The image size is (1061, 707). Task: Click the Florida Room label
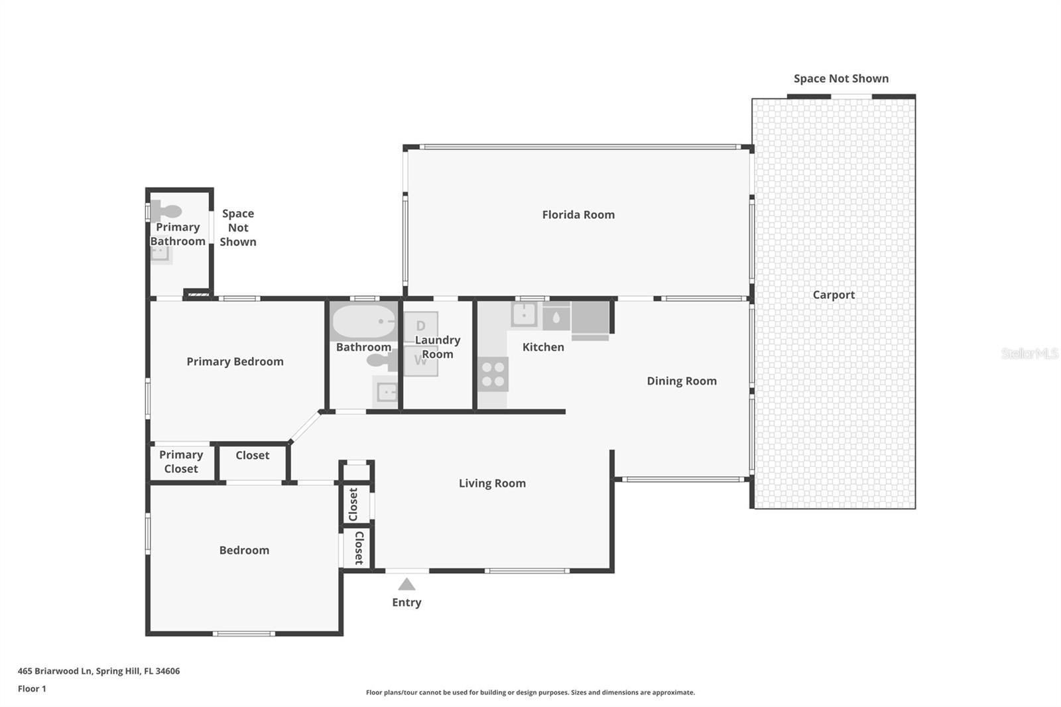(x=578, y=214)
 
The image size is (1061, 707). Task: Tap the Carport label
(x=834, y=294)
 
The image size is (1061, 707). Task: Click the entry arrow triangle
(x=406, y=584)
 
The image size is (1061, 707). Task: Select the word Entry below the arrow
(x=406, y=602)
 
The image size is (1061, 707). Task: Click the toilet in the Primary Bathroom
(x=166, y=212)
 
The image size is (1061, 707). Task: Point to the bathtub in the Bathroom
(x=363, y=323)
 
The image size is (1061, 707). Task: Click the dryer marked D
(x=420, y=326)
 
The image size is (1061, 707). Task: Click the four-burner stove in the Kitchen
(x=493, y=374)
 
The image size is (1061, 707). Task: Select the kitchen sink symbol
(x=524, y=314)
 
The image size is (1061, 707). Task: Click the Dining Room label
(x=682, y=381)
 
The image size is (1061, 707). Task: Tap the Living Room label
(x=492, y=483)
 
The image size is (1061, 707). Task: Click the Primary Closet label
(x=181, y=462)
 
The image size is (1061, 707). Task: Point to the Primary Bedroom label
(x=235, y=361)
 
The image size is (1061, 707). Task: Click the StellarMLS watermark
(x=1029, y=353)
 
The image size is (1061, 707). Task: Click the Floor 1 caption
(x=32, y=688)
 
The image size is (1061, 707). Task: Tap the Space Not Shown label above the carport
(x=841, y=78)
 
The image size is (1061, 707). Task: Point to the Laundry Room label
(x=437, y=347)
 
